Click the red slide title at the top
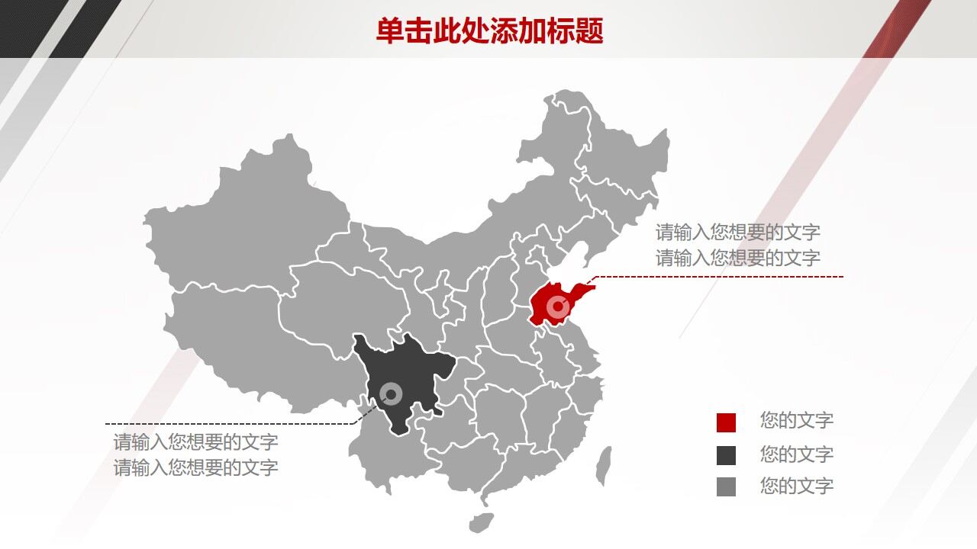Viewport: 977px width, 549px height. pyautogui.click(x=489, y=30)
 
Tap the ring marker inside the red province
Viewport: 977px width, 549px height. pyautogui.click(x=559, y=308)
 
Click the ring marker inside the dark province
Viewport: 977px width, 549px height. pyautogui.click(x=392, y=394)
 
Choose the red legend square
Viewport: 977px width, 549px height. pyautogui.click(x=726, y=422)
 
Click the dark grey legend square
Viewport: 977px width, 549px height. pyautogui.click(x=726, y=455)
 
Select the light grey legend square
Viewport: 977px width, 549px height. pyautogui.click(x=726, y=486)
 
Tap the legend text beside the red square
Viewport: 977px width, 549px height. pyautogui.click(x=796, y=420)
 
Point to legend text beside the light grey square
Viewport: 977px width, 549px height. pyautogui.click(x=796, y=486)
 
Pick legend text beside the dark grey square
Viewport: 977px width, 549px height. pyautogui.click(x=796, y=454)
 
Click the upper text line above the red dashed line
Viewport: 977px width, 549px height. pyautogui.click(x=737, y=232)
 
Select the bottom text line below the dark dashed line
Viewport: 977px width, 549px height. pyautogui.click(x=195, y=467)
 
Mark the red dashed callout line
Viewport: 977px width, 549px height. pyautogui.click(x=717, y=277)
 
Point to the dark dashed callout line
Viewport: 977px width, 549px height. pyautogui.click(x=229, y=424)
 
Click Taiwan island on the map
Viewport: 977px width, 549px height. pyautogui.click(x=604, y=464)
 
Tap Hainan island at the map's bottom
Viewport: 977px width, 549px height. pyautogui.click(x=481, y=522)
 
